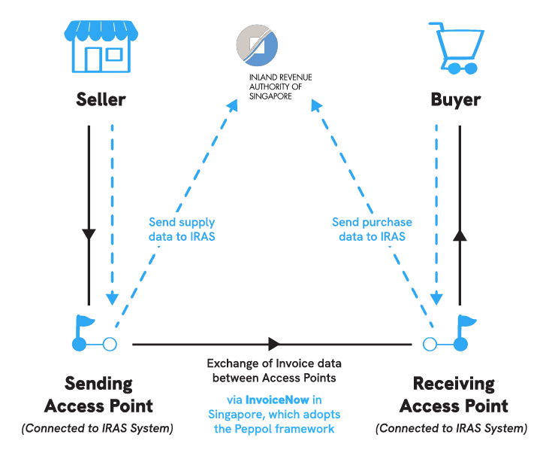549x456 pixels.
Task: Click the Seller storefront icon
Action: tap(101, 46)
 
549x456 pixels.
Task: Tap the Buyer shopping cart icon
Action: tap(453, 47)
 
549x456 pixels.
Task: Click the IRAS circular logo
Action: tap(257, 45)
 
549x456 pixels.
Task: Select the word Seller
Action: tap(101, 99)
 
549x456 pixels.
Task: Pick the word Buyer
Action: tap(455, 99)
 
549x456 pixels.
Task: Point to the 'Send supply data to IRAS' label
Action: tap(182, 230)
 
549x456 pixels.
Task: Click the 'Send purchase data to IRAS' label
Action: tap(372, 230)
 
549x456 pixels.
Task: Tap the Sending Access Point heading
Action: tap(98, 394)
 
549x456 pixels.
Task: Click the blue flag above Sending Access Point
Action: tap(84, 324)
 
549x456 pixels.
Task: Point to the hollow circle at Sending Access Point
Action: tap(110, 345)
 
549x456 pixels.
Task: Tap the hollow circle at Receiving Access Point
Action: tap(430, 345)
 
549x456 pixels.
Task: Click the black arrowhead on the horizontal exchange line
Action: tap(274, 344)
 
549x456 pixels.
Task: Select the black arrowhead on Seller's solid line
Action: tap(89, 234)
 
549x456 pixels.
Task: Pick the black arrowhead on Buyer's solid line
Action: tap(460, 236)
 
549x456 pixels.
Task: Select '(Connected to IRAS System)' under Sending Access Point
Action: tap(98, 429)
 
